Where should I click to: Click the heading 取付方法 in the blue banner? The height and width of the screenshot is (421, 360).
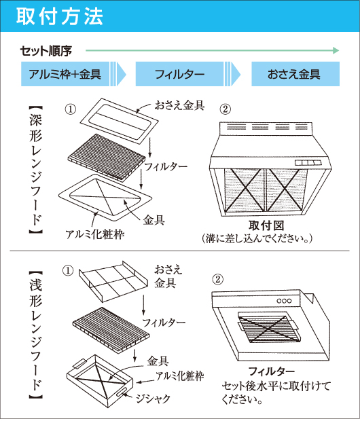pyautogui.click(x=59, y=16)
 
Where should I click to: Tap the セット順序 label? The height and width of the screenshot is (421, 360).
pyautogui.click(x=46, y=51)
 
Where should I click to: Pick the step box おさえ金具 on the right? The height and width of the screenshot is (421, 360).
pyautogui.click(x=295, y=74)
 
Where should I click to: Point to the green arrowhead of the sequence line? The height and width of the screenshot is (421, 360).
pyautogui.click(x=336, y=50)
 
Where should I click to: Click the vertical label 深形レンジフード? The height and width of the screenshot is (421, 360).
pyautogui.click(x=36, y=170)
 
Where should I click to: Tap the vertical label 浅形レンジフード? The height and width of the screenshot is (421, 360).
pyautogui.click(x=36, y=335)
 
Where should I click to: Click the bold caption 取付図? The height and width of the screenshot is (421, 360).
pyautogui.click(x=266, y=225)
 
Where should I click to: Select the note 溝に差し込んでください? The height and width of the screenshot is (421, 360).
pyautogui.click(x=257, y=238)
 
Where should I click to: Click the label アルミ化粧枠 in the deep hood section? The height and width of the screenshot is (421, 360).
pyautogui.click(x=95, y=234)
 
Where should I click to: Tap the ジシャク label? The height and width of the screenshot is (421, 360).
pyautogui.click(x=153, y=399)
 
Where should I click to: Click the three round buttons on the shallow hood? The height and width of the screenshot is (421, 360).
pyautogui.click(x=284, y=301)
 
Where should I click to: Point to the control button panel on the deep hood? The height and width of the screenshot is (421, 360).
pyautogui.click(x=308, y=163)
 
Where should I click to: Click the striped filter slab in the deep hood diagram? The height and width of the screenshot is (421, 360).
pyautogui.click(x=107, y=158)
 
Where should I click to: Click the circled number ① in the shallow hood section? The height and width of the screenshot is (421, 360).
pyautogui.click(x=68, y=271)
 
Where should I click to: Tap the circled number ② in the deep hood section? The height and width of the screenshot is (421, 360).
pyautogui.click(x=225, y=109)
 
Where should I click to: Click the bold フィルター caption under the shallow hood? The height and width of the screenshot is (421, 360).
pyautogui.click(x=272, y=371)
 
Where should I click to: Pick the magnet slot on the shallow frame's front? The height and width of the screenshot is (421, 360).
pyautogui.click(x=122, y=391)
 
